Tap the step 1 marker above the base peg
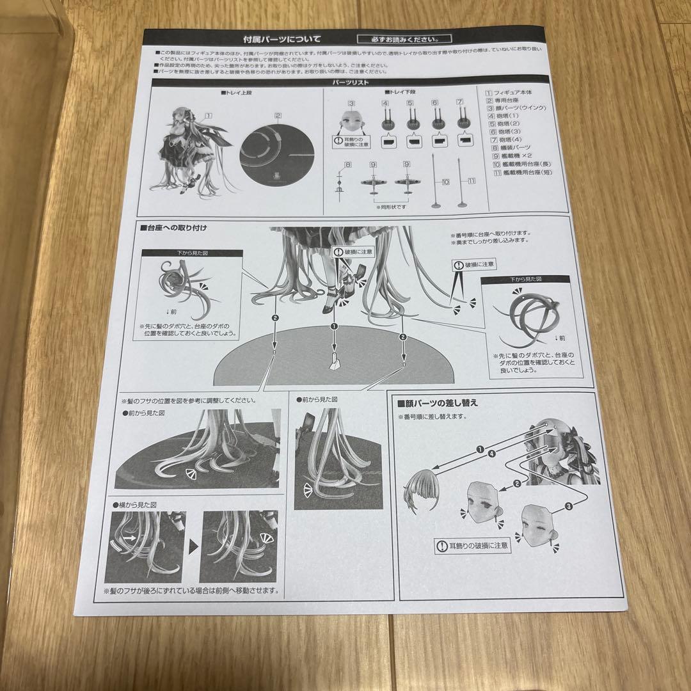coord(333,326)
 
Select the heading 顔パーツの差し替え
coord(438,403)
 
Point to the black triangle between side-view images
coord(193,545)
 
